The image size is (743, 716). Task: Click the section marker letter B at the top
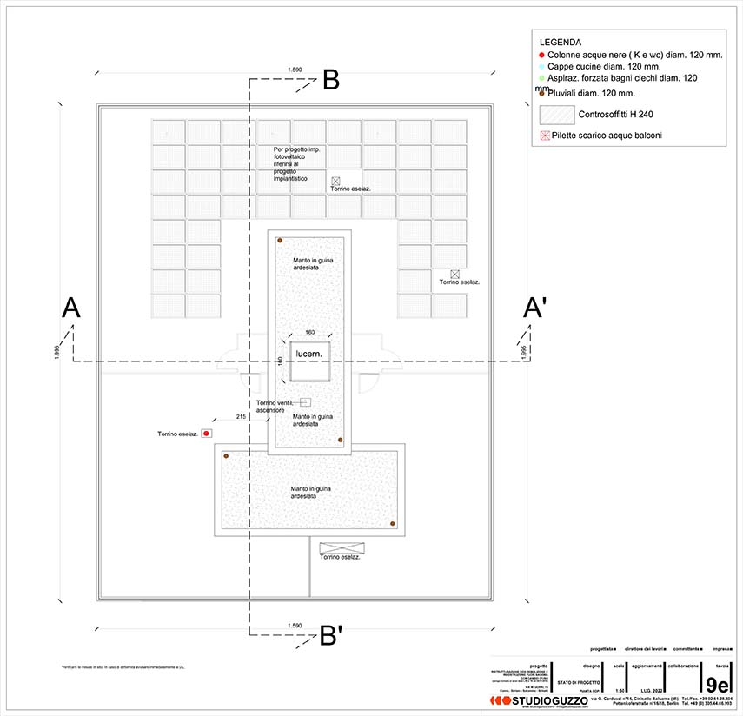tap(330, 80)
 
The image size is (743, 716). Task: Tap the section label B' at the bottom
tap(330, 636)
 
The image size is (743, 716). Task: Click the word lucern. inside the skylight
tap(310, 354)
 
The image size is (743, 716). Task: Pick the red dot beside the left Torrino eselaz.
tap(207, 433)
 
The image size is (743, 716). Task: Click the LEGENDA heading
tap(560, 42)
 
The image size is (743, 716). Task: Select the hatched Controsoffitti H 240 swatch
tap(557, 115)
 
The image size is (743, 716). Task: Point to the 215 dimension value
tap(241, 418)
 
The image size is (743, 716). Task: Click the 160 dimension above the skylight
tap(310, 333)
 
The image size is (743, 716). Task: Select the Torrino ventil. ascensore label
tap(276, 406)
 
